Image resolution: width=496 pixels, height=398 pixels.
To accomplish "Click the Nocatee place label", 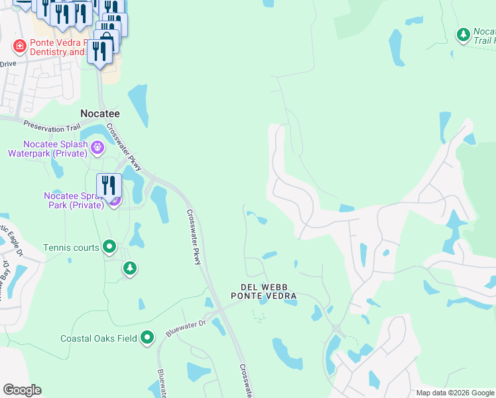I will [x=99, y=113].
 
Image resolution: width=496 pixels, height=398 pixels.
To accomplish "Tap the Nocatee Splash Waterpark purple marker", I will [x=97, y=147].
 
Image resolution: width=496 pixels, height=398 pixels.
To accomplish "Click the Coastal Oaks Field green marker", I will [x=147, y=338].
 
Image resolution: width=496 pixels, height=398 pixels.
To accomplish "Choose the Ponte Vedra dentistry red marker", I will [x=20, y=46].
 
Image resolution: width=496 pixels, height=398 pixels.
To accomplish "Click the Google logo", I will [x=22, y=390].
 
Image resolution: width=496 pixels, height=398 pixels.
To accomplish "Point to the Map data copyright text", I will [x=454, y=393].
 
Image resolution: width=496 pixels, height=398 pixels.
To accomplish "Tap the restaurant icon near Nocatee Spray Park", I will [x=109, y=185].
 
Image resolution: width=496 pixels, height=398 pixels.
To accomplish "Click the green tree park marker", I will [x=130, y=268].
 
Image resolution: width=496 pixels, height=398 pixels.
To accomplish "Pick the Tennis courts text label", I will [x=72, y=247].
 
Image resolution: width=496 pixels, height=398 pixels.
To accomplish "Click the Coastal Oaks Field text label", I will [x=99, y=338].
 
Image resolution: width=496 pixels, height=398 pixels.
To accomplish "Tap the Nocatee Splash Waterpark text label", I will [x=48, y=149].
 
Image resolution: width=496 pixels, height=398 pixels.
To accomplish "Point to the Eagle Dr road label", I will [x=13, y=241].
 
